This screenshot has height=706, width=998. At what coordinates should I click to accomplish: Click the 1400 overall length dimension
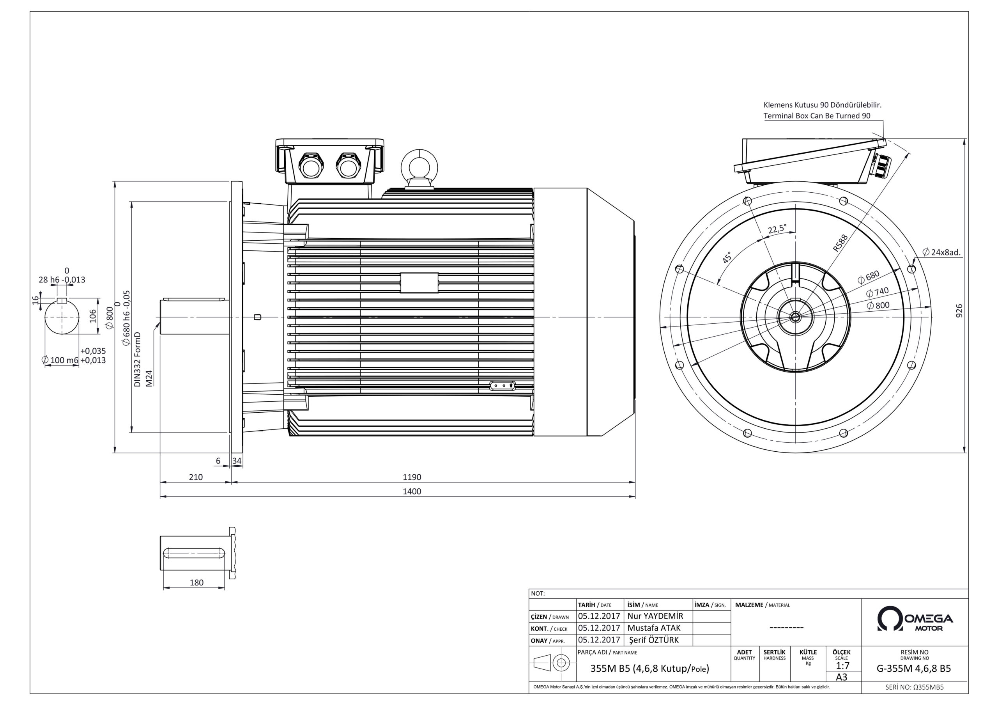[x=412, y=491]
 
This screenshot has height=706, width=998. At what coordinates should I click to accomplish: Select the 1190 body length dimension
[x=412, y=477]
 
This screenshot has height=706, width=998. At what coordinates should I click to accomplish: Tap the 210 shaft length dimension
[x=196, y=477]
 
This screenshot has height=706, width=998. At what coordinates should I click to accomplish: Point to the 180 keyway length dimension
[x=196, y=582]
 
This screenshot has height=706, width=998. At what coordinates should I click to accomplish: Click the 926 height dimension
[x=959, y=310]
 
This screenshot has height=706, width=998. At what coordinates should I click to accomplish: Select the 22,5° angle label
[x=777, y=229]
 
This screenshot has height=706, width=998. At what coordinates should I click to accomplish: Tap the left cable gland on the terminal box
[x=311, y=165]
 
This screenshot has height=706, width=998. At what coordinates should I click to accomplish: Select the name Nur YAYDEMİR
[x=655, y=616]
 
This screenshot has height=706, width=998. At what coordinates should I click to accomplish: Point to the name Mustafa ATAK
[x=654, y=628]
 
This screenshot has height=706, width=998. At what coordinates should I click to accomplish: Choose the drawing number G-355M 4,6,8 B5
[x=914, y=669]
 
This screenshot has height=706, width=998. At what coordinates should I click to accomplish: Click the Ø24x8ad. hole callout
[x=941, y=252]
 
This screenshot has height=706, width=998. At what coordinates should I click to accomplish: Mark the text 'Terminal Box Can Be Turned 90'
[x=817, y=116]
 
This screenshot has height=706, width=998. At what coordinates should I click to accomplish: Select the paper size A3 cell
[x=842, y=677]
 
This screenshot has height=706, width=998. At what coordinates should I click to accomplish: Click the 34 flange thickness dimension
[x=237, y=461]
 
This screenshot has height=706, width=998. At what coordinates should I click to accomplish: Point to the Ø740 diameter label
[x=877, y=291]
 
